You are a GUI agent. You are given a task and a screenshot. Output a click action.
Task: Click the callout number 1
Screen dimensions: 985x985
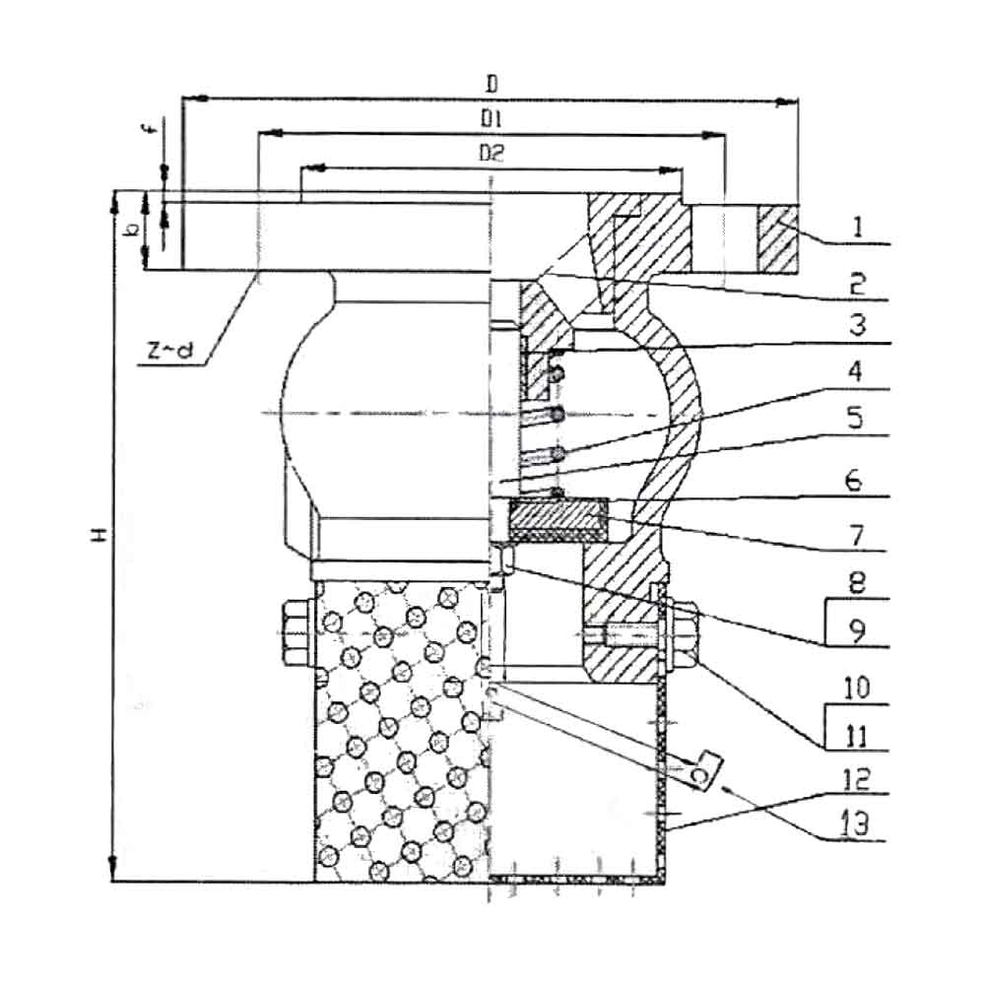tap(858, 228)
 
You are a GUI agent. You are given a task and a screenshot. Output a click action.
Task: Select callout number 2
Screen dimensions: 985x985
tap(858, 285)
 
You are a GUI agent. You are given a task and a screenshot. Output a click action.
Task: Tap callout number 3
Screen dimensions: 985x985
tap(858, 325)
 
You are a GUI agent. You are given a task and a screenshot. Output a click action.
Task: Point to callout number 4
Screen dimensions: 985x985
tap(856, 372)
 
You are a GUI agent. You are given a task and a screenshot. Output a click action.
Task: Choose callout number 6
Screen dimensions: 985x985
tap(854, 482)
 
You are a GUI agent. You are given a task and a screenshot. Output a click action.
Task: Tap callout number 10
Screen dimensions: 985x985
tap(857, 689)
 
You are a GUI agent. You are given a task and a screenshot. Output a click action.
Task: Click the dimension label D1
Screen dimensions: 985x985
tap(492, 119)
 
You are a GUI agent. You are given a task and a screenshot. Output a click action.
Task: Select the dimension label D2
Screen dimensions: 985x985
tap(492, 153)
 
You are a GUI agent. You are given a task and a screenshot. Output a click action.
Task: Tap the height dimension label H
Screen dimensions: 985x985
tap(99, 535)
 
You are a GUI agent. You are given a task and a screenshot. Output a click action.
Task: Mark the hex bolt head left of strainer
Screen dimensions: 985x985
tap(296, 633)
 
